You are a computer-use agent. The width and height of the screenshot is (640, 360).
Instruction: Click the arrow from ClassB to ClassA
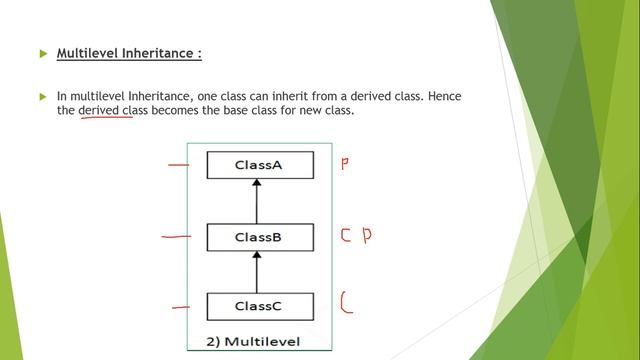tap(257, 201)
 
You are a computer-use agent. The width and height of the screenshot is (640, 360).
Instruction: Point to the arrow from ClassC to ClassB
tap(257, 271)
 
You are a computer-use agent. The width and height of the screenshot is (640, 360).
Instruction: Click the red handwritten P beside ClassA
tap(345, 163)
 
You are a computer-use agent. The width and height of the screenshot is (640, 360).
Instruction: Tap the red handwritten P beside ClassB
tap(367, 237)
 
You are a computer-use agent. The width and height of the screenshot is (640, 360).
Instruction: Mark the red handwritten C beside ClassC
tap(346, 302)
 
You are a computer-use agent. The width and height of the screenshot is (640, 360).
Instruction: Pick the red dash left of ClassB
tap(176, 238)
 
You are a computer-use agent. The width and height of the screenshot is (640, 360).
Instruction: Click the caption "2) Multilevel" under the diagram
tap(254, 342)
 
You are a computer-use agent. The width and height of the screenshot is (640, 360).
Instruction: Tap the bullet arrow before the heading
tap(42, 53)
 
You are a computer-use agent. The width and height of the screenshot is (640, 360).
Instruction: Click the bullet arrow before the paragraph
tap(42, 97)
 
